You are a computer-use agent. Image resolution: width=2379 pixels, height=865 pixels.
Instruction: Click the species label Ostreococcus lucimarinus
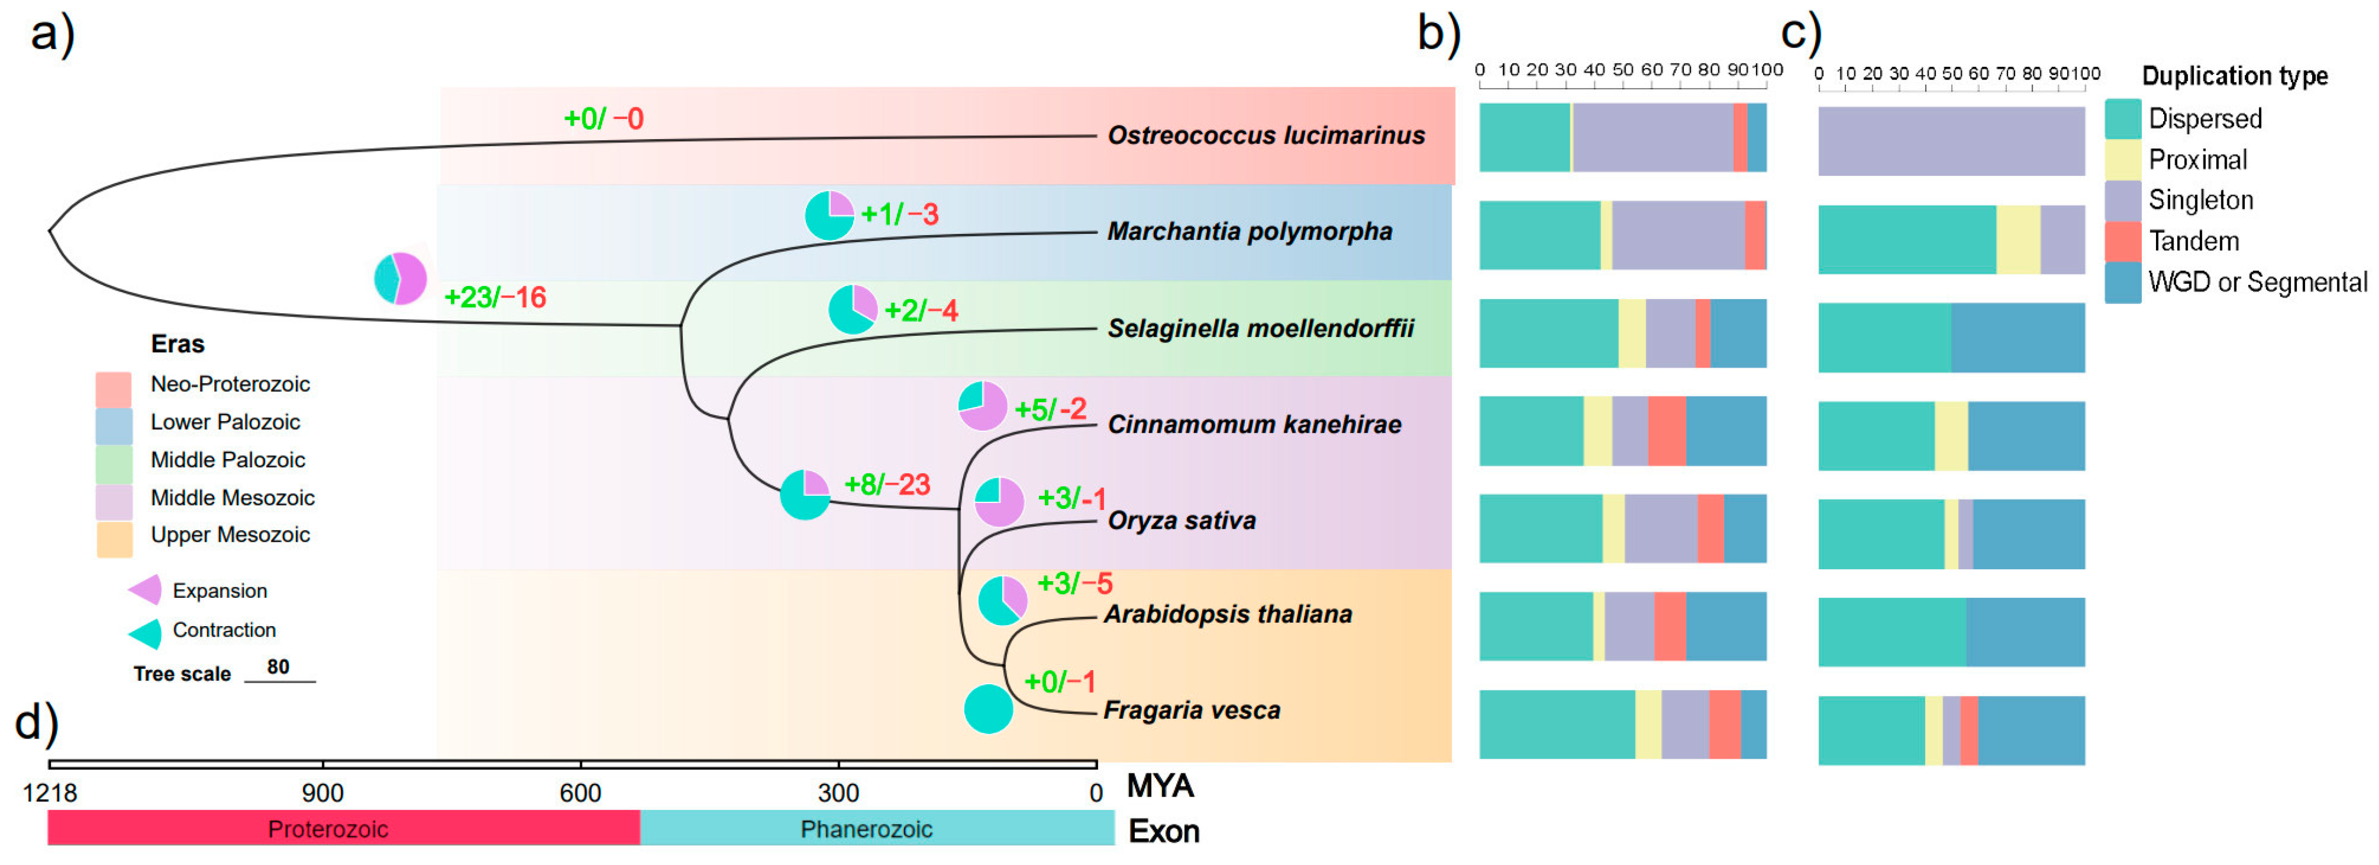coord(1265,136)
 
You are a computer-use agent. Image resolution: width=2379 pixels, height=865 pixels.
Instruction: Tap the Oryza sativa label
coord(1181,520)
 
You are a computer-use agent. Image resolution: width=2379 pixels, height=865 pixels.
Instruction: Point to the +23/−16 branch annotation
coord(495,297)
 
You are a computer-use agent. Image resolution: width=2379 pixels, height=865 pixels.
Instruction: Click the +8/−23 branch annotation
coord(887,485)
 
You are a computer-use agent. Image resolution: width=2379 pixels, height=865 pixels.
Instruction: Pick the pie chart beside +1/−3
coord(828,216)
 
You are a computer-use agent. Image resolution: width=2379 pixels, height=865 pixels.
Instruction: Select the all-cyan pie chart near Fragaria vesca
coord(988,709)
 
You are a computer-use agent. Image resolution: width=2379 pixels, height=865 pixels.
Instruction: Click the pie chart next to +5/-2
coord(982,405)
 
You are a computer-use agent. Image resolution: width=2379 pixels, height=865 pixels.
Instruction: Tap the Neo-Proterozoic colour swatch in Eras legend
coord(113,388)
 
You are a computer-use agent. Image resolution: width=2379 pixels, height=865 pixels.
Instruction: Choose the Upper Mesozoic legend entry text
coord(230,535)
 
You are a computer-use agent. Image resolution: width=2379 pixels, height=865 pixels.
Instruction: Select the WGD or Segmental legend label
coord(2257,283)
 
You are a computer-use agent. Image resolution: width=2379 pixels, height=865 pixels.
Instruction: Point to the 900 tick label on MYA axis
coord(322,793)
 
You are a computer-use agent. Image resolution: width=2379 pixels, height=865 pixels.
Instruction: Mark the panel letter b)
coord(1438,34)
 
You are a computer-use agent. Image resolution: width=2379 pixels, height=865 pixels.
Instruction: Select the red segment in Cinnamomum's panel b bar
coord(1666,431)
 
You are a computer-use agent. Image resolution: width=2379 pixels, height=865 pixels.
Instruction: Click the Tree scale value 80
coord(278,667)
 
